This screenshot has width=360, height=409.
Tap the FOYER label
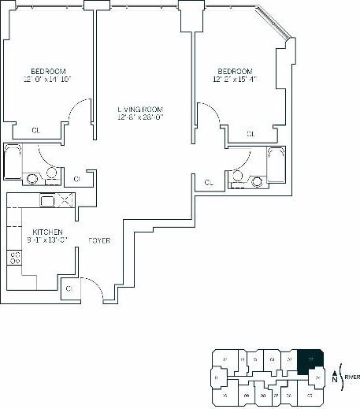tap(98, 240)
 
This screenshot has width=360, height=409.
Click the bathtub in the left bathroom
tap(12, 163)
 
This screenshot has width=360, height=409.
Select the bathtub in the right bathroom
tap(275, 165)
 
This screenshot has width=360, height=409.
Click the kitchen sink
tap(46, 201)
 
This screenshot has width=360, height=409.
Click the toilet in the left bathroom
tap(51, 173)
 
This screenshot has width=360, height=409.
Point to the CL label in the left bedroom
tap(35, 130)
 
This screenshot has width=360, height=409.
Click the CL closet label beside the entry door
tap(70, 289)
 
